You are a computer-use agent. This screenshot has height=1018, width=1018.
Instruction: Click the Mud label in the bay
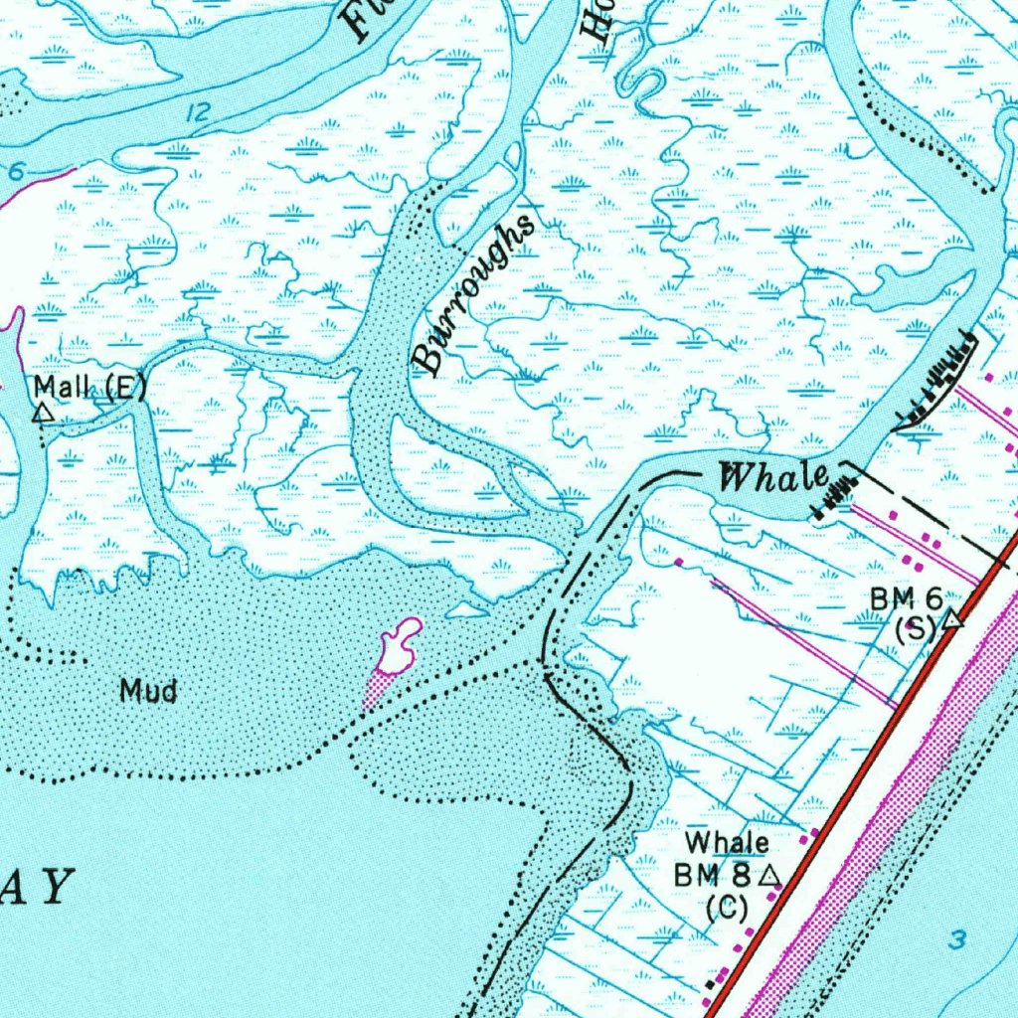pyautogui.click(x=148, y=689)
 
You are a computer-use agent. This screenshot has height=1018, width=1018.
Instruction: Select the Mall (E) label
pyautogui.click(x=89, y=386)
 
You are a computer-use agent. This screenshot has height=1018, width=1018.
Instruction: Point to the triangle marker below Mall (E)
pyautogui.click(x=42, y=412)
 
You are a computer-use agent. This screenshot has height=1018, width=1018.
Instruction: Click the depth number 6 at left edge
pyautogui.click(x=14, y=171)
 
